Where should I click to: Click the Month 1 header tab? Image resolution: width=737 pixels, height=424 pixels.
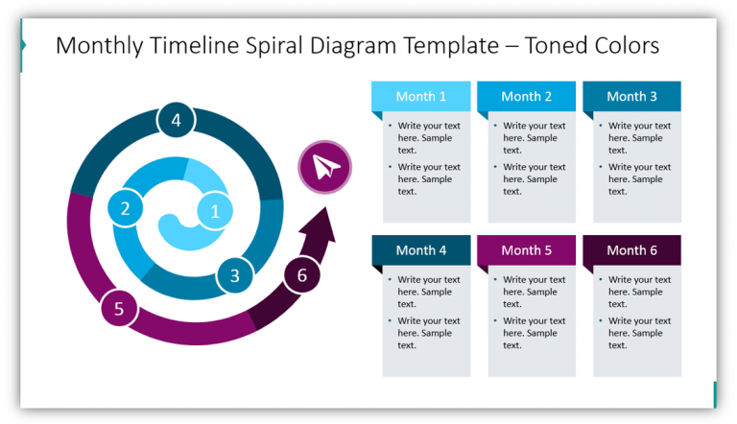421,96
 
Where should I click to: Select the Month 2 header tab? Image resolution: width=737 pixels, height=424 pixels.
527,96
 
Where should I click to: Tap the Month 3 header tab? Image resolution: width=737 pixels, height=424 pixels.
632,96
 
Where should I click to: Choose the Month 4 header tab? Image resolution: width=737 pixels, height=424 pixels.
421,250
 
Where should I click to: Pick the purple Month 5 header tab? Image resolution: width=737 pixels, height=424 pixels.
527,250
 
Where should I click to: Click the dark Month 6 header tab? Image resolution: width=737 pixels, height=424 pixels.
632,250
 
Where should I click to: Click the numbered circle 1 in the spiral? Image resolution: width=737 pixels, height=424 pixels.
215,211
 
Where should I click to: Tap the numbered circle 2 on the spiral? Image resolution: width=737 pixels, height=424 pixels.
125,207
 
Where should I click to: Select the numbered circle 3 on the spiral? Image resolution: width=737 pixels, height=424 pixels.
234,276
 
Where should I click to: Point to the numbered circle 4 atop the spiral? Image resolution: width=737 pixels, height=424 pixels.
176,121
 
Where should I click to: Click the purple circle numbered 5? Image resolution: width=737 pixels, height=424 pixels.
119,309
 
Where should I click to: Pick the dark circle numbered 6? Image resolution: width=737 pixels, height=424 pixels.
302,276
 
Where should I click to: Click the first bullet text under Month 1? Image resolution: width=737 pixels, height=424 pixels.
428,137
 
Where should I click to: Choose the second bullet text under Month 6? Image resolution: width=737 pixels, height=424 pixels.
639,333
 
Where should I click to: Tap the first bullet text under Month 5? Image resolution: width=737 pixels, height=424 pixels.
534,292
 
